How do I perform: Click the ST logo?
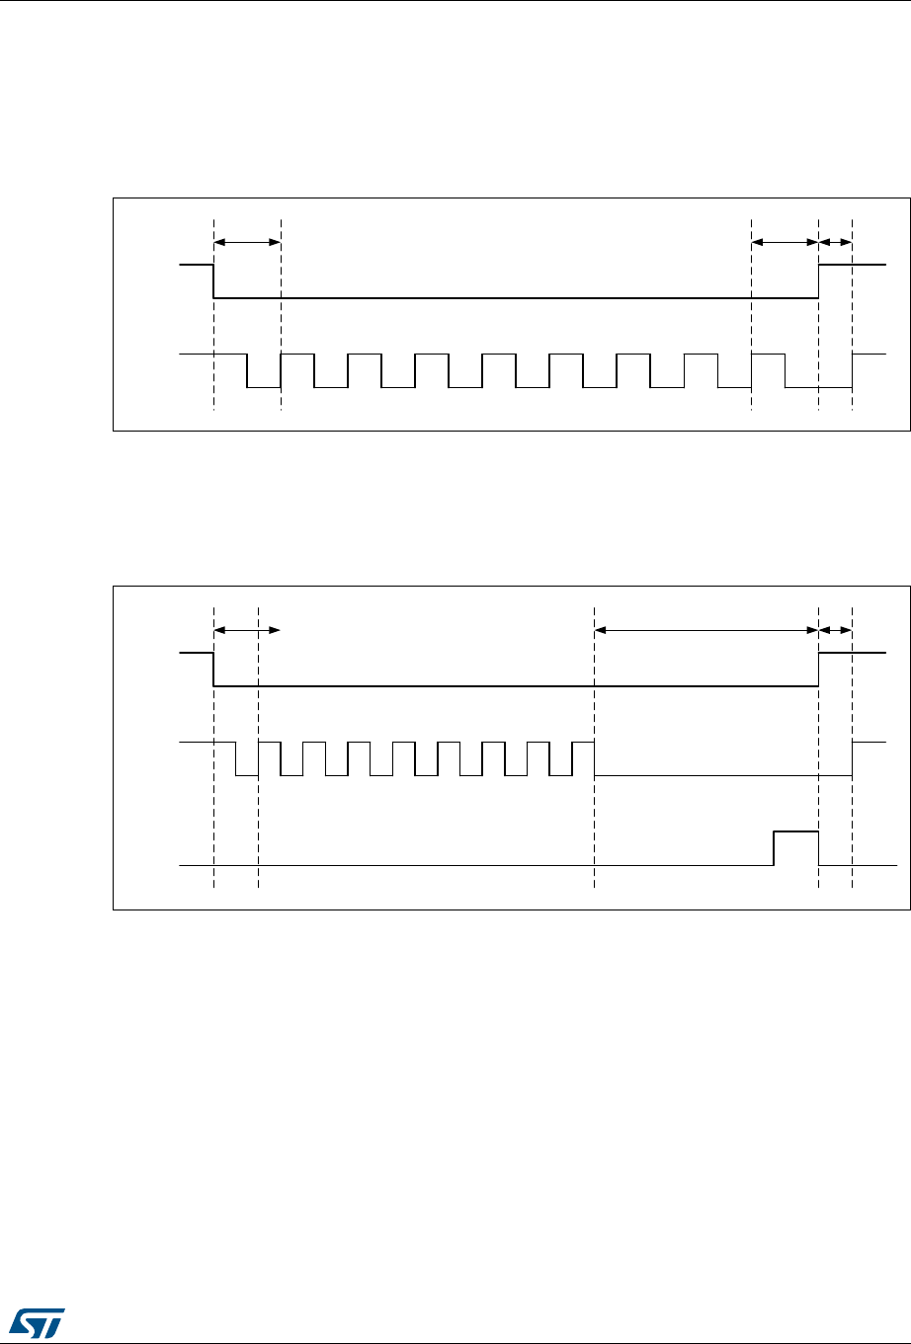coord(33,1319)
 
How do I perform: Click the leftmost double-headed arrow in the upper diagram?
coord(247,241)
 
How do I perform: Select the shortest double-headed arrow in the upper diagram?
coord(835,241)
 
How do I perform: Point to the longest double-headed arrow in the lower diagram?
coord(706,628)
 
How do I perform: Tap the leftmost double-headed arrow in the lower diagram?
coord(247,628)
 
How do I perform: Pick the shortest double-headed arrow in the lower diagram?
coord(835,628)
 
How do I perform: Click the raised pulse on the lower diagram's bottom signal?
coord(795,832)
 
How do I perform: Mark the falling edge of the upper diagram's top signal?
coord(214,281)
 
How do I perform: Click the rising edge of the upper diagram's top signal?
coord(819,281)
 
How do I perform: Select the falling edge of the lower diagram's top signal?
coord(214,670)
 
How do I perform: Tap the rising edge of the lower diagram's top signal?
coord(819,670)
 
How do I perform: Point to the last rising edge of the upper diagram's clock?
coord(853,370)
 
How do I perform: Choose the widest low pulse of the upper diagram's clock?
coord(818,387)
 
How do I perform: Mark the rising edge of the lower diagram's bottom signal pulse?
coord(774,849)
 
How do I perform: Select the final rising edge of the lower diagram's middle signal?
coord(853,759)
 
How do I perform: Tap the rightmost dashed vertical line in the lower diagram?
coord(853,810)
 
